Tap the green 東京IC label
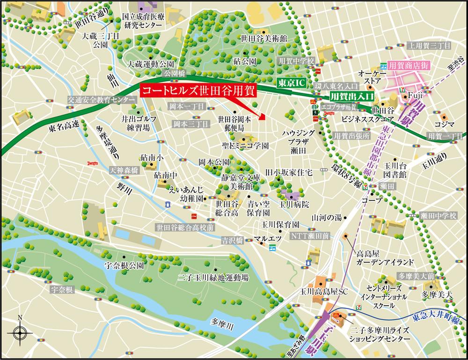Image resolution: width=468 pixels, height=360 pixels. pyautogui.click(x=291, y=82)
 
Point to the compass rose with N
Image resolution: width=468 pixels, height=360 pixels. pyautogui.click(x=20, y=333)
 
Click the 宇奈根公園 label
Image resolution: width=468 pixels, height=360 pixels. pyautogui.click(x=124, y=265)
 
